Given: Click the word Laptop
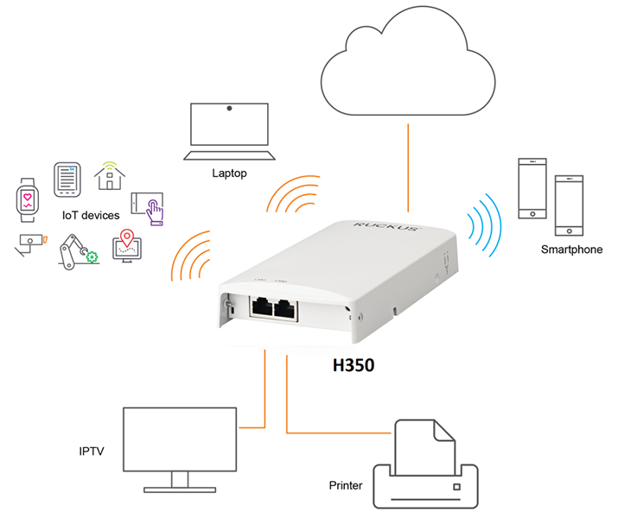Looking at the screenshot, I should tap(229, 174).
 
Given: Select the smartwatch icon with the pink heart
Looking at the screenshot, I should tap(29, 201).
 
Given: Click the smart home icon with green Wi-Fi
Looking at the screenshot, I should tap(110, 175).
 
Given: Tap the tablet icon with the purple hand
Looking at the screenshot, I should tap(146, 207).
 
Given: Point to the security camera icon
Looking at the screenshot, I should tap(29, 244).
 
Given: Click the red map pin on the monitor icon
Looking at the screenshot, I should tap(128, 237).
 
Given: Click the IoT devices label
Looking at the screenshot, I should tap(90, 215).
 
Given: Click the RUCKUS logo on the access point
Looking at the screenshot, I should tap(386, 229).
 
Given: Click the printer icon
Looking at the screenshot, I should tap(424, 467).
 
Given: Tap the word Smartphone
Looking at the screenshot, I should tap(571, 250).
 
